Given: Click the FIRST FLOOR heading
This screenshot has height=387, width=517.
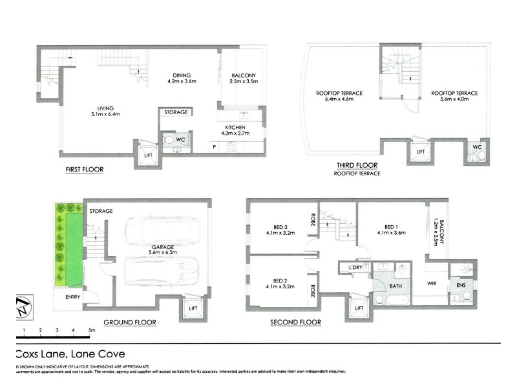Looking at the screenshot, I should [x=84, y=170].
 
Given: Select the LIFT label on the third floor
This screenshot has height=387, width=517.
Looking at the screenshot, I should [x=420, y=152].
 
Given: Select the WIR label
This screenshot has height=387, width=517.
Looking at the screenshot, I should [x=429, y=283].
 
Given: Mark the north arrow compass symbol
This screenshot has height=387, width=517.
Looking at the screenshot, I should [x=23, y=305].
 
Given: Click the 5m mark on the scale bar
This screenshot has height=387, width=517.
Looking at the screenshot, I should [x=91, y=330].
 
